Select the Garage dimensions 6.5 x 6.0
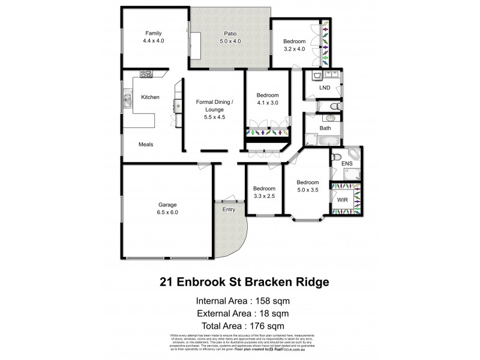click(167, 212)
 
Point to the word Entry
click(229, 209)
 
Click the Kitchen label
click(149, 97)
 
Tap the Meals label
click(146, 144)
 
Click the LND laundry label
click(325, 88)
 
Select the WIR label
click(343, 199)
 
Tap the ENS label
click(347, 163)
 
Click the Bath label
click(325, 128)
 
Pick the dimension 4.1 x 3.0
click(268, 103)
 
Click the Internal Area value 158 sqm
click(274, 301)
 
